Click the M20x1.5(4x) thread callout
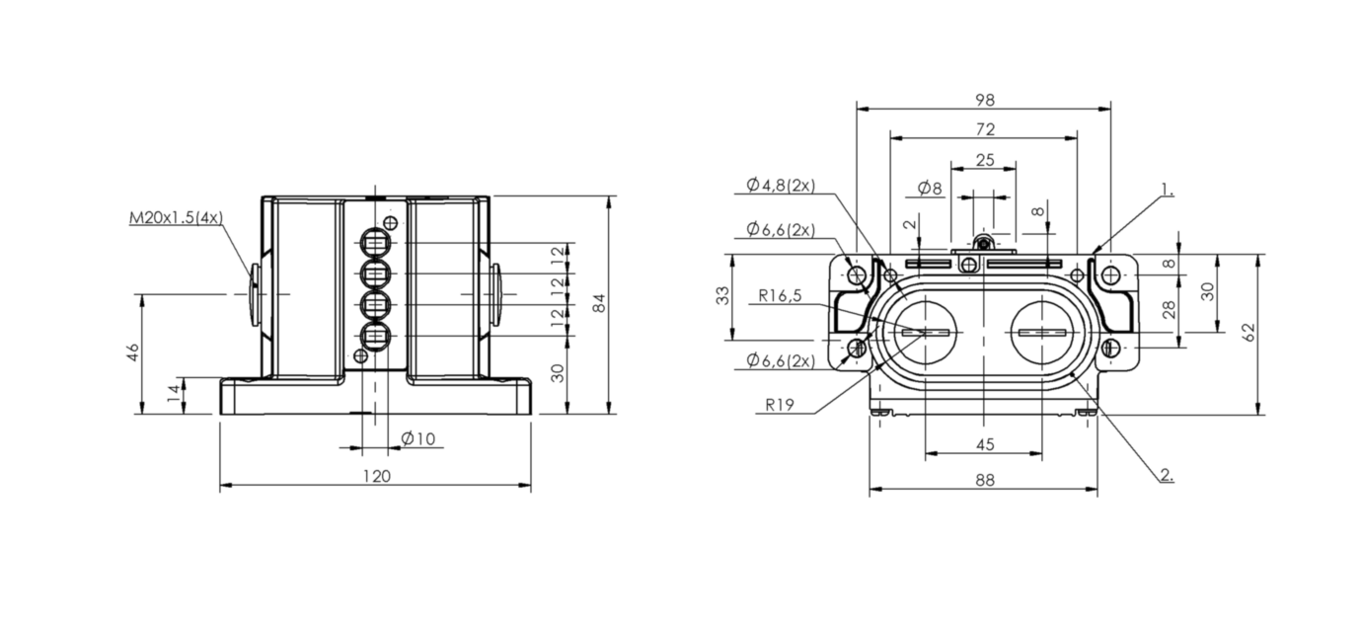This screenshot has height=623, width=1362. tap(176, 217)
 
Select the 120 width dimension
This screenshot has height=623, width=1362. tap(377, 476)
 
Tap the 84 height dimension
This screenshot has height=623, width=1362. tap(599, 303)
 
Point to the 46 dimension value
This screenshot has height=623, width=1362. tap(133, 352)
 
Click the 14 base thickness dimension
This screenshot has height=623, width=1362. tap(175, 392)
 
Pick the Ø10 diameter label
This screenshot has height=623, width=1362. tap(418, 438)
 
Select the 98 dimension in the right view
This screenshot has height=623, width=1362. tap(985, 100)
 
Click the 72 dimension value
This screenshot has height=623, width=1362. tap(985, 129)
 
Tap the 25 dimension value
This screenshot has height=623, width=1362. tap(985, 159)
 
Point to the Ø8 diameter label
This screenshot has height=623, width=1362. tap(930, 188)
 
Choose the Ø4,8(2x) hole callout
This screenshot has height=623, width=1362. tap(781, 185)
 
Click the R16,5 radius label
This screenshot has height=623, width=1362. tap(780, 295)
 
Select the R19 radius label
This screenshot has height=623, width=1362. tap(780, 405)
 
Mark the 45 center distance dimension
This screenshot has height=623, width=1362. tap(985, 444)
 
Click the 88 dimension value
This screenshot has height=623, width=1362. tap(985, 480)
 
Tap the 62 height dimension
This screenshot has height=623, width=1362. tap(1248, 332)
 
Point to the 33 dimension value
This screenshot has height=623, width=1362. tap(722, 295)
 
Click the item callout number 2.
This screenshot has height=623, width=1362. tap(1167, 475)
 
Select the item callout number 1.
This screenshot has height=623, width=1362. tap(1168, 190)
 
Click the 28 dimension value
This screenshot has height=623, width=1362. tap(1169, 310)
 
